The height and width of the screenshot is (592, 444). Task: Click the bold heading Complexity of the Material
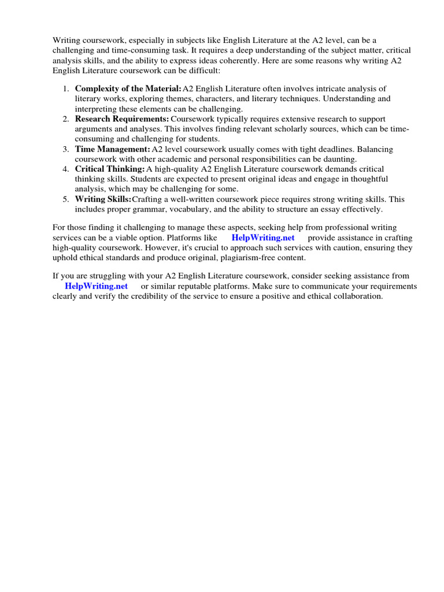pos(128,88)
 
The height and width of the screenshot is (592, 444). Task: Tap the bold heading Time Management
pos(113,149)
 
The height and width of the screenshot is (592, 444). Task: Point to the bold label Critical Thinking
pos(110,168)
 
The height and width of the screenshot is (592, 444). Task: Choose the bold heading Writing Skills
pos(103,199)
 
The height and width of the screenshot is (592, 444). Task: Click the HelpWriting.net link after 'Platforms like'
pos(263,238)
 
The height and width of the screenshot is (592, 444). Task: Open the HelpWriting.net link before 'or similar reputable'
pos(96,286)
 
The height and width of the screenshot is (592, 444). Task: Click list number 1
pos(65,88)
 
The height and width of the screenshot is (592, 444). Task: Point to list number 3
pos(65,149)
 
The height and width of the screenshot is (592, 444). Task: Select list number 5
pos(65,199)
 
